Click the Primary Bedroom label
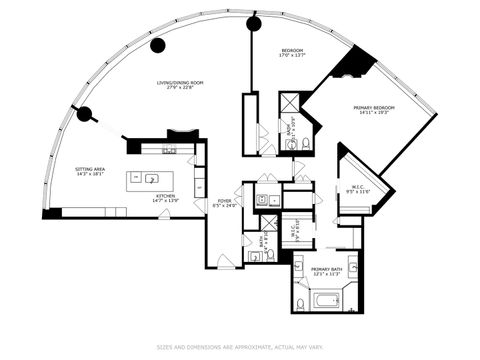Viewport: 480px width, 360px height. [374, 110]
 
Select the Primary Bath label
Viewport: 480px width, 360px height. [327, 271]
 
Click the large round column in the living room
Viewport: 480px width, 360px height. [158, 45]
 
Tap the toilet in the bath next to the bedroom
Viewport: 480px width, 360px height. [303, 144]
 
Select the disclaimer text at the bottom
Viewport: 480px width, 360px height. [240, 347]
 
